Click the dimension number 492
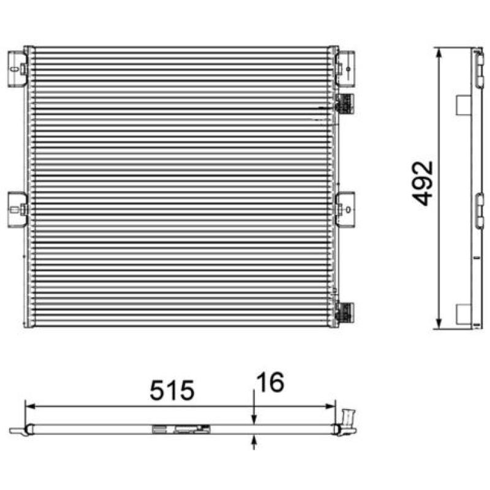pos(423,183)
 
